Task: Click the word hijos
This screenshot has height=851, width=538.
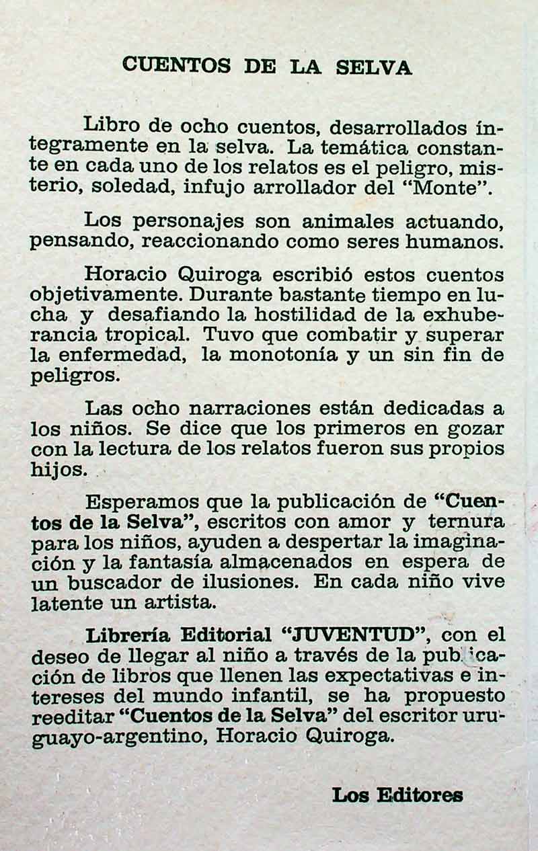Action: [x=58, y=469]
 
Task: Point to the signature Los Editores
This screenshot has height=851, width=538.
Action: [x=397, y=795]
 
